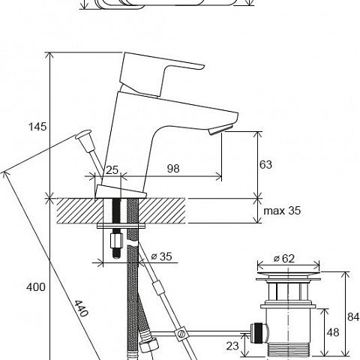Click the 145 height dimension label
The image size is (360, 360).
(37, 127)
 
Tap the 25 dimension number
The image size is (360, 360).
(112, 170)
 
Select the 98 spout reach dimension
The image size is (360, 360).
(173, 169)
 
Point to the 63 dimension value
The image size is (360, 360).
(265, 164)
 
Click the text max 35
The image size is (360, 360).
(282, 211)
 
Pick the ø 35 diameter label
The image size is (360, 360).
(162, 256)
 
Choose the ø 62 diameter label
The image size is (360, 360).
(284, 258)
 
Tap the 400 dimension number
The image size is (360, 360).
(36, 287)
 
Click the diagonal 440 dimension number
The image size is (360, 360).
(81, 308)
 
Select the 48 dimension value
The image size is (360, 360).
(333, 332)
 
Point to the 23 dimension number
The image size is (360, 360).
(232, 346)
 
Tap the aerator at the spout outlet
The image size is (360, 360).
(220, 130)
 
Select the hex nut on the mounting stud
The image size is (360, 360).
(116, 241)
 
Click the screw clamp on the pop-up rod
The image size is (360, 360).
(180, 333)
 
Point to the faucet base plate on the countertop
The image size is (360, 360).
(121, 192)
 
